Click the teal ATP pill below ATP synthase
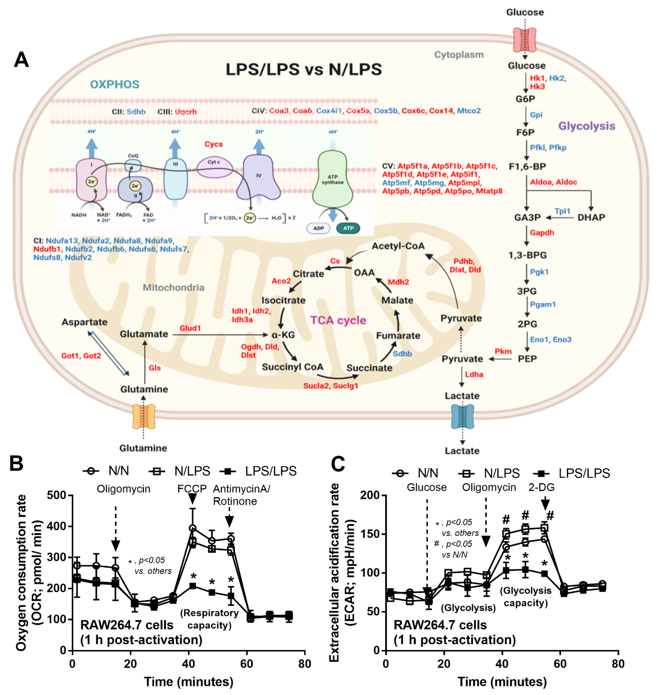point(348,228)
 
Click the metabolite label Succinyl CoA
point(292,367)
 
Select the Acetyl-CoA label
point(398,246)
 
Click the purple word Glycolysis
point(587,126)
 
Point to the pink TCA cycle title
point(338,320)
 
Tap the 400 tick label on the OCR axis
point(57,526)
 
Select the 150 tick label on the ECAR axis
point(370,534)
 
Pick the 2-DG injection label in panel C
point(541,487)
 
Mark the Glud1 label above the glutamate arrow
point(190,328)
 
